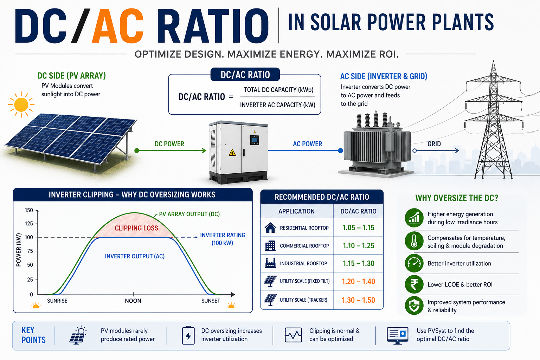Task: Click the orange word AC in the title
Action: point(118,26)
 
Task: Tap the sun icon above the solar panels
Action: point(21,105)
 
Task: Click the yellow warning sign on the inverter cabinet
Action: point(232,152)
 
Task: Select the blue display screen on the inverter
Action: point(255,140)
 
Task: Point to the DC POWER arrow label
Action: point(169,144)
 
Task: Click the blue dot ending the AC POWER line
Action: point(340,151)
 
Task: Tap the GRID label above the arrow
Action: point(434,144)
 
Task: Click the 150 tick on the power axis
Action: point(29,210)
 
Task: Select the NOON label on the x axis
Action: point(133,301)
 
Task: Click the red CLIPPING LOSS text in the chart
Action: point(136,228)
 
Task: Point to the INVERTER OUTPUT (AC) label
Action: point(135,256)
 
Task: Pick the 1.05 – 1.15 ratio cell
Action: point(359,227)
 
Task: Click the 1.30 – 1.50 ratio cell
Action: point(359,300)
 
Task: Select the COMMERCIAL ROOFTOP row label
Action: point(304,246)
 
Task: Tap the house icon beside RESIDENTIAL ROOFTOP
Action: point(270,227)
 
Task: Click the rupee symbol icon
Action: point(414,284)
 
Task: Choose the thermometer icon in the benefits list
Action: point(414,241)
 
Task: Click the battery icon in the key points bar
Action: point(188,335)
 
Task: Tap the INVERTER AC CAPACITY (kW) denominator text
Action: point(277,105)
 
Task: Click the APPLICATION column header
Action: point(296,212)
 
